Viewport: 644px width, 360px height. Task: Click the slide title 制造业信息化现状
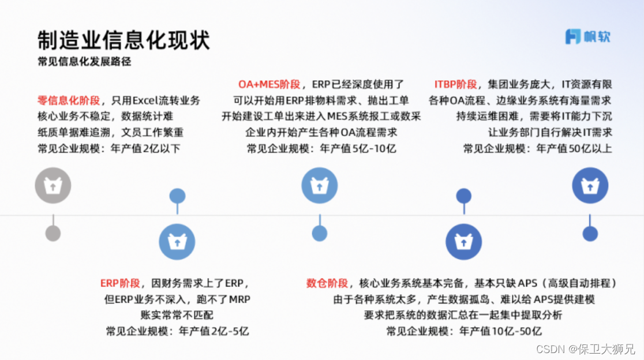[123, 40]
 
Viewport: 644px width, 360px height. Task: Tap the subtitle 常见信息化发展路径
[84, 62]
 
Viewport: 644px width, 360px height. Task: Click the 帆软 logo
[587, 37]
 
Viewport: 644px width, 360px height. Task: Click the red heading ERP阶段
[120, 283]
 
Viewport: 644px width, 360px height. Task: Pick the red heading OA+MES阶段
[269, 84]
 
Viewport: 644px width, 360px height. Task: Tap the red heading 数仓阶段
[327, 283]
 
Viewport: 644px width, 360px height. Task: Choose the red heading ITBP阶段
[456, 84]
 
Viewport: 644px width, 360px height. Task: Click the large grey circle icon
[53, 186]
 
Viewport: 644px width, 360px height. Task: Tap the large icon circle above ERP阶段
[177, 243]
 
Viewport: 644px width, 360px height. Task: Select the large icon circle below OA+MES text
[319, 186]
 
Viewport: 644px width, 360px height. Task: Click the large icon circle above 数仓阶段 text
[463, 243]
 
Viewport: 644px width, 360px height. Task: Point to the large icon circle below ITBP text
[590, 186]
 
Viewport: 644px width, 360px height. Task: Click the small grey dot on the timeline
[53, 233]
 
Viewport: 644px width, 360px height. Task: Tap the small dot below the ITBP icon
[590, 233]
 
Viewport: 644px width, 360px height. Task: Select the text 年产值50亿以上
[574, 149]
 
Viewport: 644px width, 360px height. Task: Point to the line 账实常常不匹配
[177, 315]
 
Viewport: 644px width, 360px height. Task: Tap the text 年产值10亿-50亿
[501, 331]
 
